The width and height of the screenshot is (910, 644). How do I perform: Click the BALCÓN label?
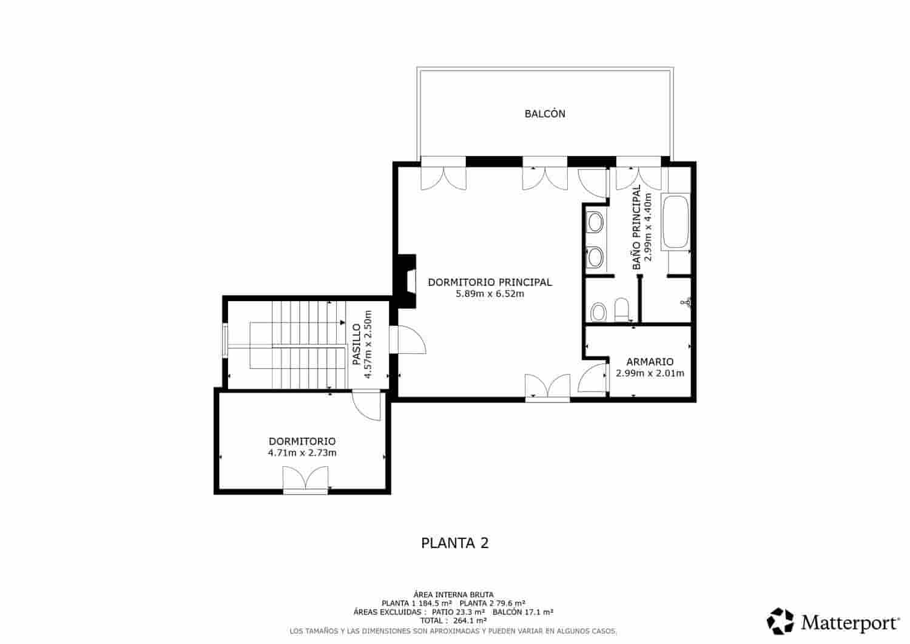pyautogui.click(x=545, y=114)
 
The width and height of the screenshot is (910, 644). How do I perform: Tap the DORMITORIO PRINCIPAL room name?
pyautogui.click(x=490, y=282)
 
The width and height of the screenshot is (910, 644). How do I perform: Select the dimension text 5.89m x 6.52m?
pyautogui.click(x=490, y=294)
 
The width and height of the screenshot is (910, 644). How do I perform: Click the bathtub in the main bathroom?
pyautogui.click(x=675, y=222)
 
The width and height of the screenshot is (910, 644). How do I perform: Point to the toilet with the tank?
pyautogui.click(x=622, y=310)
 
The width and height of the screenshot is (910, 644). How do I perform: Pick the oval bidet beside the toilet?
pyautogui.click(x=598, y=312)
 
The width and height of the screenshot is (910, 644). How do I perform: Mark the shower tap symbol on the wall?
pyautogui.click(x=687, y=302)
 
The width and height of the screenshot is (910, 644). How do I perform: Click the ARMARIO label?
pyautogui.click(x=650, y=362)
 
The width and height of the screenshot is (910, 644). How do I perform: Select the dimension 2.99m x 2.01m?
pyautogui.click(x=650, y=373)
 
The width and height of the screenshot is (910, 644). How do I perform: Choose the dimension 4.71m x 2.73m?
pyautogui.click(x=302, y=453)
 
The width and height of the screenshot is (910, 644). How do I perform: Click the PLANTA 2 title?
pyautogui.click(x=454, y=543)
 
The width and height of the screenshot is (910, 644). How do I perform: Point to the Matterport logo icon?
pyautogui.click(x=780, y=621)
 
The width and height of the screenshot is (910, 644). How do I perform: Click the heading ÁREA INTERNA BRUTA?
pyautogui.click(x=453, y=594)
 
